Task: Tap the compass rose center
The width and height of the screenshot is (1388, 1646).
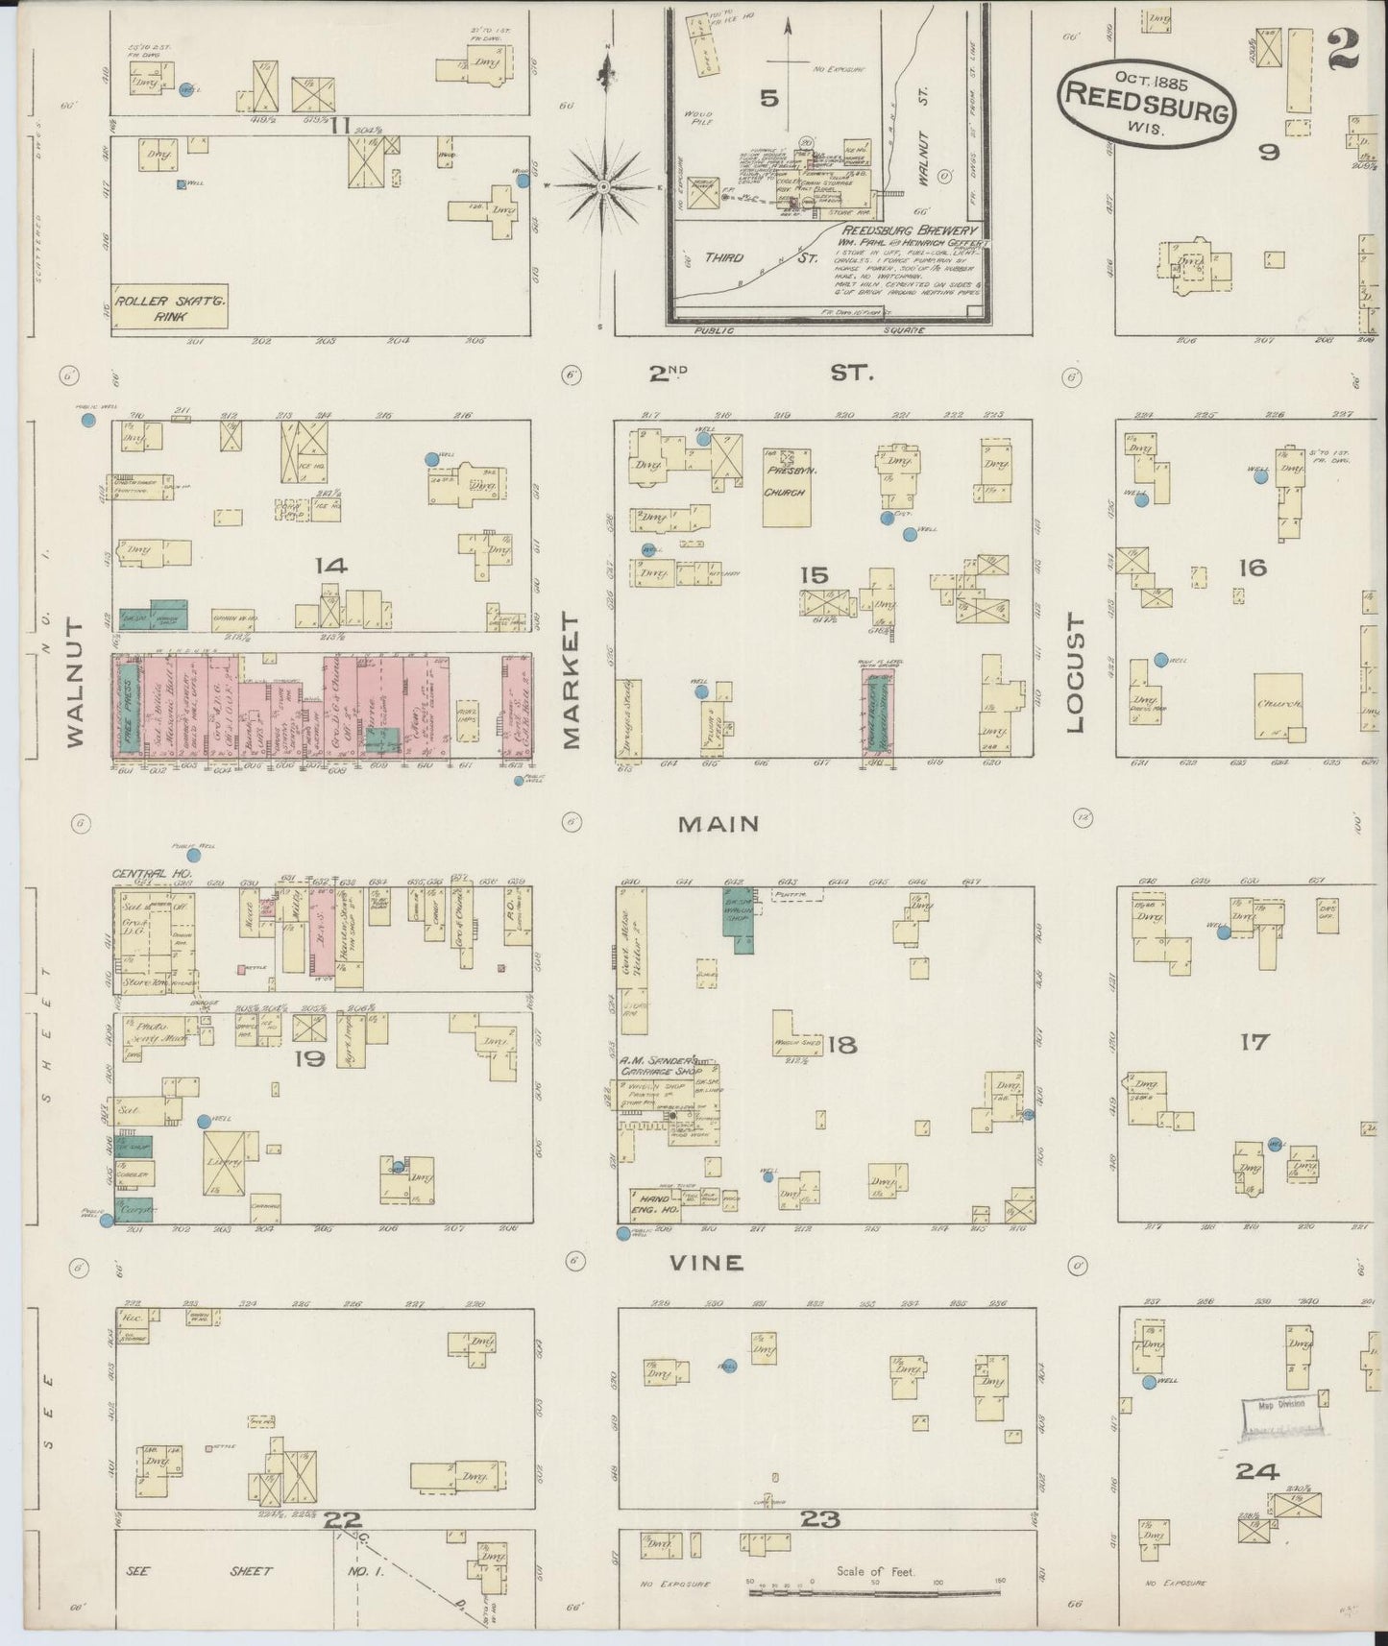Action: coord(602,186)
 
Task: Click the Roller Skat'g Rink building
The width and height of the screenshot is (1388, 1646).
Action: coord(169,305)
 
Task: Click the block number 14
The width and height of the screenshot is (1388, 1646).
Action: coord(330,566)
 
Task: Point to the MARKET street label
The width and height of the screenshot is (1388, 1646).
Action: coord(572,682)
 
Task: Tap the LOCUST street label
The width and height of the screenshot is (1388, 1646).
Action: coord(1074,674)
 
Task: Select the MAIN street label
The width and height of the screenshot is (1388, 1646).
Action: coord(718,824)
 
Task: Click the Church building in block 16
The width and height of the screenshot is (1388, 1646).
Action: coord(1278,705)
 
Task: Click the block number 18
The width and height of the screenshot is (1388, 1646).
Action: coord(841,1045)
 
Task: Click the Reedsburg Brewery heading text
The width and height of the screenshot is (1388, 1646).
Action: coord(910,230)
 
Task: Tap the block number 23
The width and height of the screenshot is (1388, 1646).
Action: coord(820,1519)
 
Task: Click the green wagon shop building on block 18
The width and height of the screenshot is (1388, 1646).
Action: coord(738,919)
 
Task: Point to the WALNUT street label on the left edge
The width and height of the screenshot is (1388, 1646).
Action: coord(76,682)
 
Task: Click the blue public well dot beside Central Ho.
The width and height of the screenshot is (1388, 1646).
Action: coord(193,855)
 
